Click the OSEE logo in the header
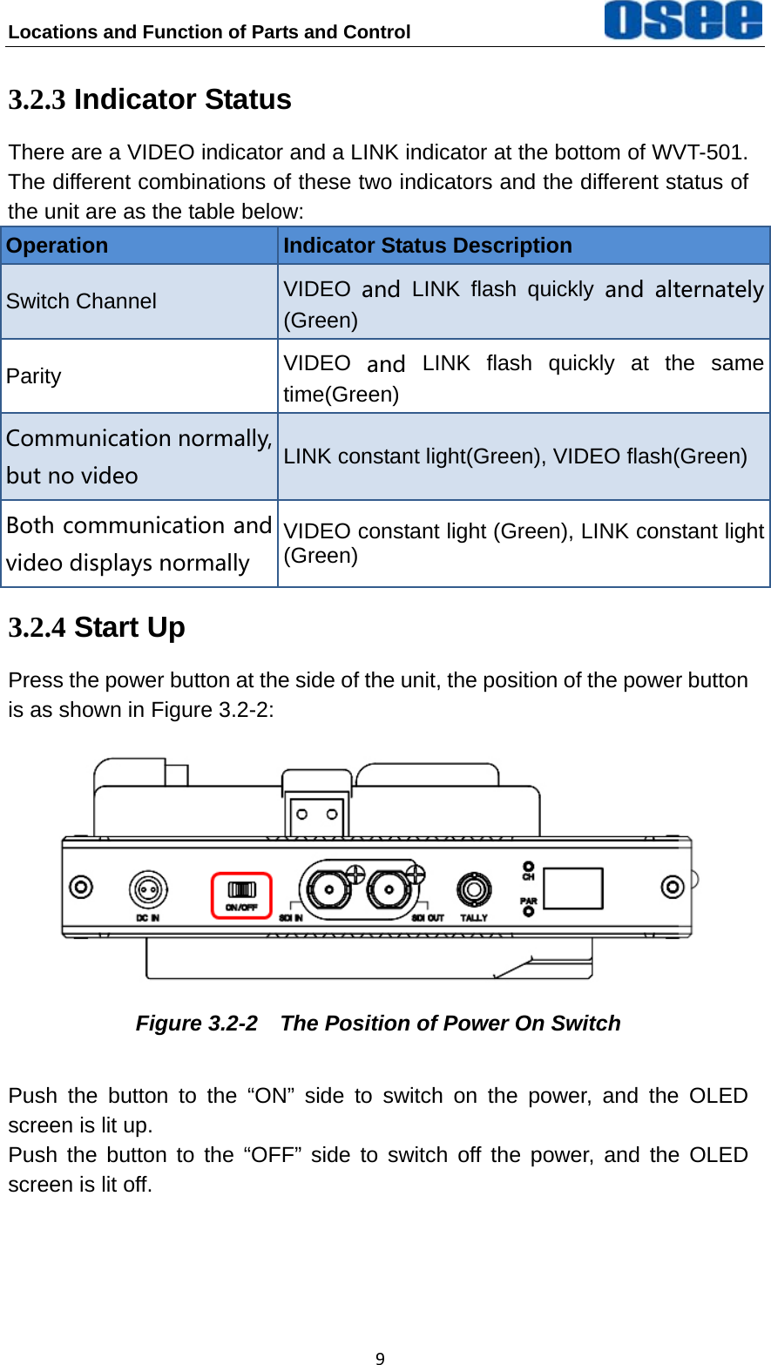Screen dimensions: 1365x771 pos(683,20)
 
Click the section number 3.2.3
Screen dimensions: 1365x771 pos(37,100)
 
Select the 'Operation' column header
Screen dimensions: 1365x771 pos(57,246)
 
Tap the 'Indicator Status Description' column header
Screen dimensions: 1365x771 pos(428,246)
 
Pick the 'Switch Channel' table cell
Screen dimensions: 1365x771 pos(81,301)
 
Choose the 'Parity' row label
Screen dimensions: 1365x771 pos(34,376)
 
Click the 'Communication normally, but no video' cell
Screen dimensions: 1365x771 pos(139,456)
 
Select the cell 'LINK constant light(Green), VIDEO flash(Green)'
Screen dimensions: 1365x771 pos(515,456)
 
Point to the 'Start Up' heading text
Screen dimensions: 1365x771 pos(129,627)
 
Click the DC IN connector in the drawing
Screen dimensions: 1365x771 pos(148,889)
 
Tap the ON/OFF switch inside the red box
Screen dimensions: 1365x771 pos(242,889)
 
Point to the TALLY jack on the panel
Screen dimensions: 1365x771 pos(474,889)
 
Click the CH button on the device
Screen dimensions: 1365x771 pos(528,868)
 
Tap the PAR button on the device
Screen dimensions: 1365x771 pos(528,910)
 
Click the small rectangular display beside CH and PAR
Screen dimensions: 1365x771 pos(573,889)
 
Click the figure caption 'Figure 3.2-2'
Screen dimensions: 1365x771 pos(196,1024)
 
